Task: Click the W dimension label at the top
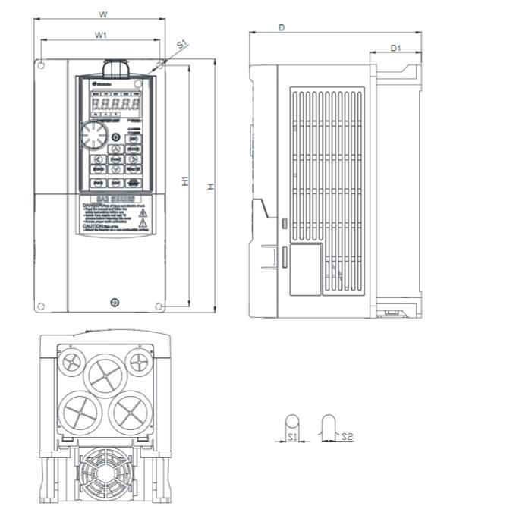click(103, 14)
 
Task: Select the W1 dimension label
click(100, 35)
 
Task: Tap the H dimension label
click(212, 187)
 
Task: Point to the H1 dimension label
click(184, 181)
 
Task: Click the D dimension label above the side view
click(282, 27)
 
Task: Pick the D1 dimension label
click(395, 48)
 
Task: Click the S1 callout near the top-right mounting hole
click(181, 45)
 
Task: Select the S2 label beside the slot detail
click(347, 436)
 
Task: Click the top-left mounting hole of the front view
click(42, 66)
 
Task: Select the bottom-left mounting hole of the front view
click(42, 306)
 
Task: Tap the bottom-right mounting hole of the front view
click(159, 306)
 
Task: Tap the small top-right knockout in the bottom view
click(139, 360)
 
